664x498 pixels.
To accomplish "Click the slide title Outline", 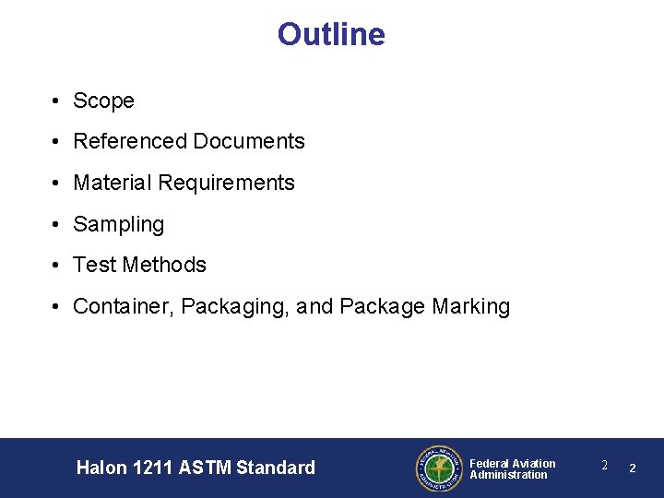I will pos(331,35).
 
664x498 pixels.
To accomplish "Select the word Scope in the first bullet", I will pos(103,101).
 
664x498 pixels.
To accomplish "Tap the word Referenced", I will pos(129,141).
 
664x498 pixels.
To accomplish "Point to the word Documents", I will pos(249,141).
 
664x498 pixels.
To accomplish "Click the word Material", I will pos(113,183).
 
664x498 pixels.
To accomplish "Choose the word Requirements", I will pos(226,183).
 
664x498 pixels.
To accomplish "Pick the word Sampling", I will pos(118,224).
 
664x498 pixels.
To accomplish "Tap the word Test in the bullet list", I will pos(94,265).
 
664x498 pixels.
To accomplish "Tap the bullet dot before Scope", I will pos(57,101).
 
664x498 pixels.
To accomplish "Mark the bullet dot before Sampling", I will pos(57,224).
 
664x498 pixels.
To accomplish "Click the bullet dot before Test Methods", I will pos(57,266).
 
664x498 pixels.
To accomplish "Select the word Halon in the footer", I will pos(101,468).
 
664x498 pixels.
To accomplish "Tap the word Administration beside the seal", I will pos(508,475).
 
